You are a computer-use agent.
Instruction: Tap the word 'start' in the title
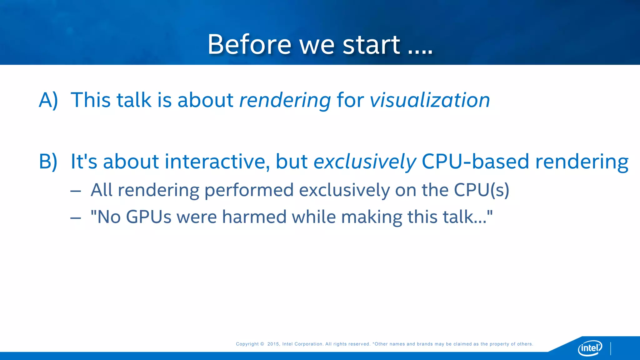(371, 44)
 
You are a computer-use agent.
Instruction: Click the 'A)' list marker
(48, 100)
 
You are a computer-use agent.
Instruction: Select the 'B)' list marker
(48, 162)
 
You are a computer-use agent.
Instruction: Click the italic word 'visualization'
(430, 100)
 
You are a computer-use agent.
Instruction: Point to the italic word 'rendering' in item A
(285, 101)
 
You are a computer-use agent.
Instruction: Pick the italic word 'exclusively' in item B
(365, 162)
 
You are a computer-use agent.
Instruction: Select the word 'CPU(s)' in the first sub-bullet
(481, 190)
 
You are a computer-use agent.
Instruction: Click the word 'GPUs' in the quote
(148, 217)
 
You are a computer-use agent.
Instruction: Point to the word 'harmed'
(254, 217)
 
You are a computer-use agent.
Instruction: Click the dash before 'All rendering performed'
(76, 191)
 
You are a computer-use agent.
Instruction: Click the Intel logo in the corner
(590, 347)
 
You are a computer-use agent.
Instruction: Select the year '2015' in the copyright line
(273, 344)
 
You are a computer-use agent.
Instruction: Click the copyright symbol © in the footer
(262, 344)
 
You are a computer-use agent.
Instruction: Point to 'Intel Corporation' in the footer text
(302, 344)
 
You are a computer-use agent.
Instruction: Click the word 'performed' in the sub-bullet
(249, 190)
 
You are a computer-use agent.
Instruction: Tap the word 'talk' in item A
(134, 100)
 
